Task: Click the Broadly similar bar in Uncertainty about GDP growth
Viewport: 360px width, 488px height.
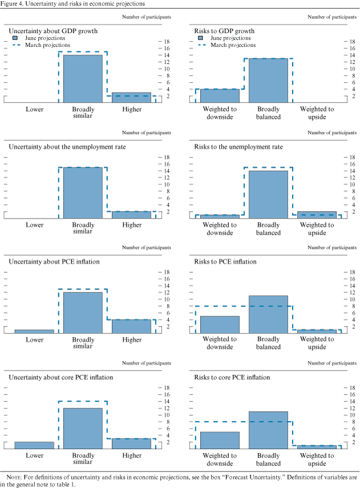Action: [83, 79]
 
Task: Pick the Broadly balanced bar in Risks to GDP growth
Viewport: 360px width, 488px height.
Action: [268, 80]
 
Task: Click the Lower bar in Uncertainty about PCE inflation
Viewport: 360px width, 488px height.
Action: [34, 332]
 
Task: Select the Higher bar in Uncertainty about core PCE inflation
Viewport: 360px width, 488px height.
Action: [131, 443]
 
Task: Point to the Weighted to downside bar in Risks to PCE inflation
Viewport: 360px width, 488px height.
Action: [219, 325]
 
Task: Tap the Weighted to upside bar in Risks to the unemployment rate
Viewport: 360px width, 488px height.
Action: [317, 215]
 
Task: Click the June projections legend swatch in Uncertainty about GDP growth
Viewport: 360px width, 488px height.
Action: [16, 38]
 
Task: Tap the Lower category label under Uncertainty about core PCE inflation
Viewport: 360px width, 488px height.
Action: [34, 455]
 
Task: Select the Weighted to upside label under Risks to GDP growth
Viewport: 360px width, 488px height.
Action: [317, 112]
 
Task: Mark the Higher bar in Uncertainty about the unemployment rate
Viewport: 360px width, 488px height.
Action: [131, 215]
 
